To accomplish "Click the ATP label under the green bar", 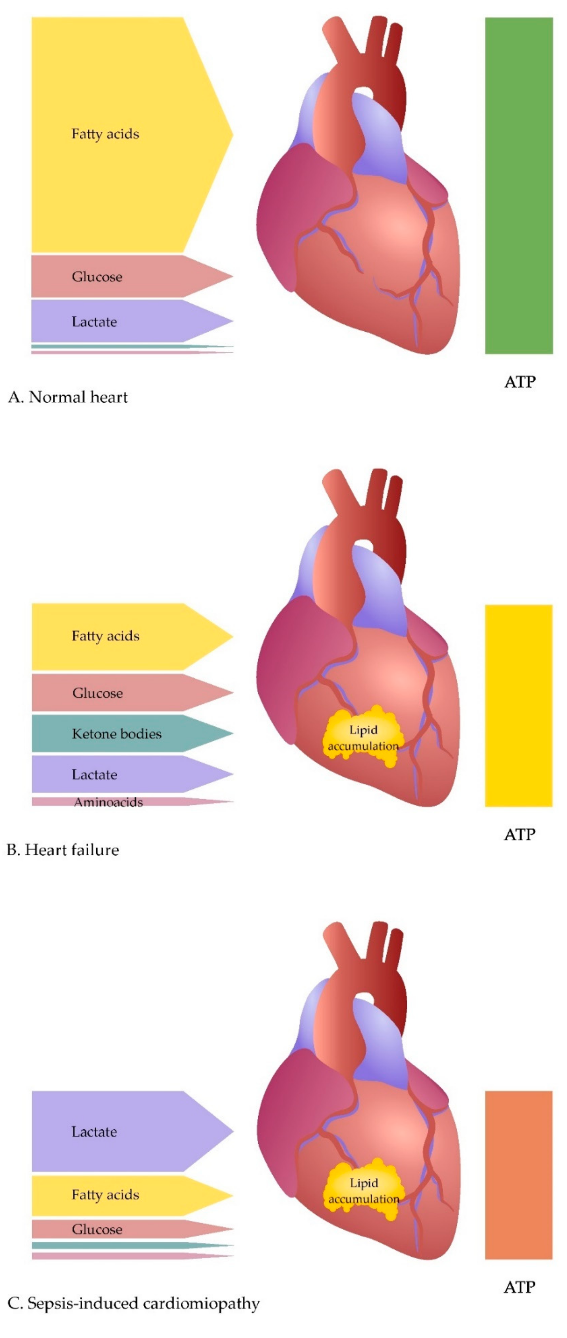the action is (x=520, y=382).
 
